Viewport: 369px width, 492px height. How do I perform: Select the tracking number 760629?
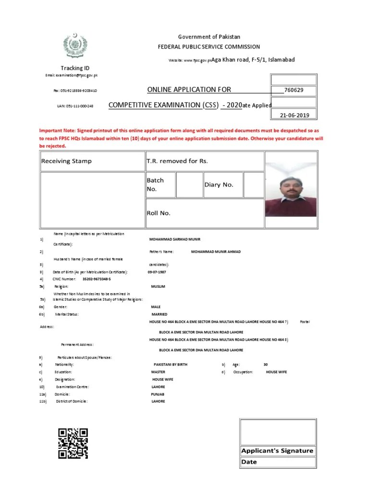point(293,90)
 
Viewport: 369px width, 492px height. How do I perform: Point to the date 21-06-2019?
point(293,115)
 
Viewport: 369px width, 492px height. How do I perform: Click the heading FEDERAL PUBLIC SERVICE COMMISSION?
point(209,47)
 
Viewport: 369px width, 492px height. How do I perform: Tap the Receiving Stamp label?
point(66,161)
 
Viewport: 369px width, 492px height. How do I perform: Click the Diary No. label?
point(219,184)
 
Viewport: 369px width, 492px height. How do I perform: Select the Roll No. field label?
point(159,213)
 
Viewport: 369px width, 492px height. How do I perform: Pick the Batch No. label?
point(155,184)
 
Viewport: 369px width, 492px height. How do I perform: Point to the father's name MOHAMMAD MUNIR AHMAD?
point(216,251)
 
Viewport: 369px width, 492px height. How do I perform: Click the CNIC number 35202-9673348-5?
point(97,279)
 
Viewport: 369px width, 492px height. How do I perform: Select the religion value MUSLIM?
point(158,286)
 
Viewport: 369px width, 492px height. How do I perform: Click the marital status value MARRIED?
point(159,314)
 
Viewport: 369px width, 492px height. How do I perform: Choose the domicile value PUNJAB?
point(158,394)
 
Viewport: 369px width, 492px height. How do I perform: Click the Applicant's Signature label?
point(278,451)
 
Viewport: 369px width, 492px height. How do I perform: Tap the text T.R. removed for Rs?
point(177,161)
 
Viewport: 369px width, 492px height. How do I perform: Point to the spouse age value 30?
point(266,365)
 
